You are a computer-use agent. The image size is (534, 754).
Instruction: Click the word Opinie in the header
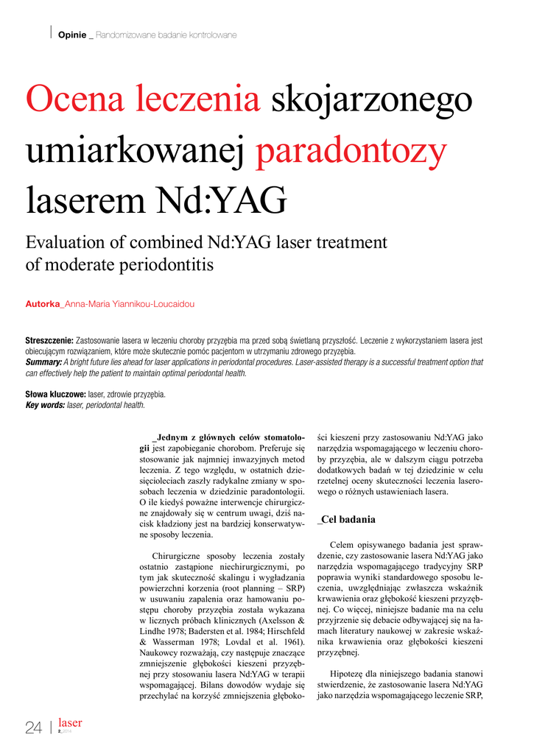(71, 35)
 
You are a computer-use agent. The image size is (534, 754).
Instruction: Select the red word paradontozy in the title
(351, 152)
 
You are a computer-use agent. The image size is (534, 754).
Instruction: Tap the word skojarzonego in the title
(373, 99)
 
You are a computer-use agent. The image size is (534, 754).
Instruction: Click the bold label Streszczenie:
(49, 341)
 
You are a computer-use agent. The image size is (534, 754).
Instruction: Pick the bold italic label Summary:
(43, 362)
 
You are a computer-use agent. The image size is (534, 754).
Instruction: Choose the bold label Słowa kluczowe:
(55, 394)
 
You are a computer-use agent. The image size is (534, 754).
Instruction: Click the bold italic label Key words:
(45, 405)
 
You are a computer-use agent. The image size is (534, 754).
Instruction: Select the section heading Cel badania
(348, 519)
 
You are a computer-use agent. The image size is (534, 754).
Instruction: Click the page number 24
(34, 728)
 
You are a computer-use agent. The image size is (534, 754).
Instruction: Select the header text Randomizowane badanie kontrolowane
(166, 35)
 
